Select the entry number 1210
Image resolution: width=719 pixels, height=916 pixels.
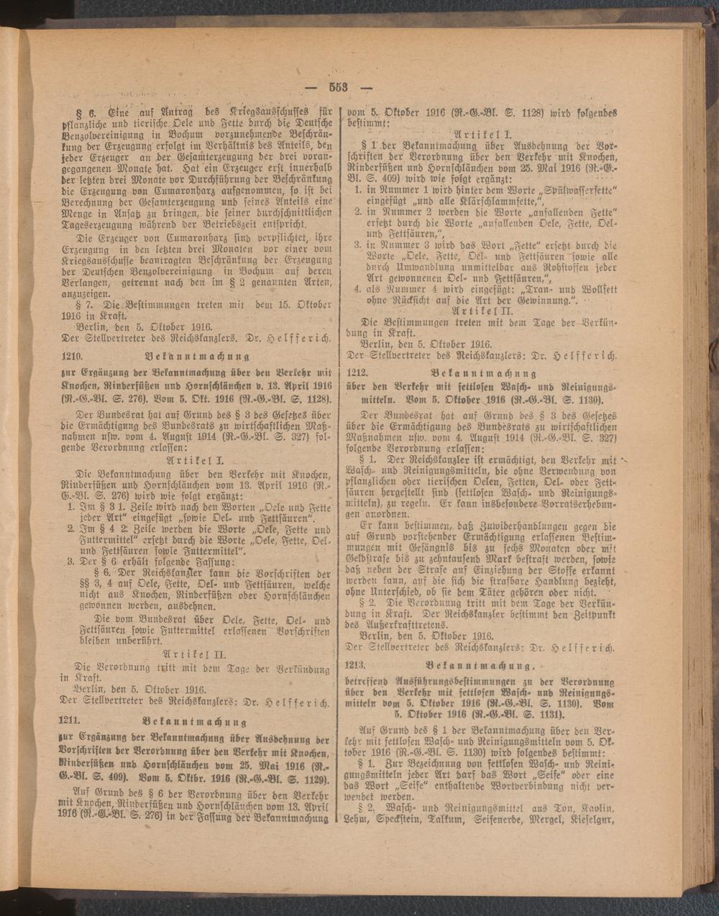73,356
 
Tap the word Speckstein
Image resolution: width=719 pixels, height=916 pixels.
398,817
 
